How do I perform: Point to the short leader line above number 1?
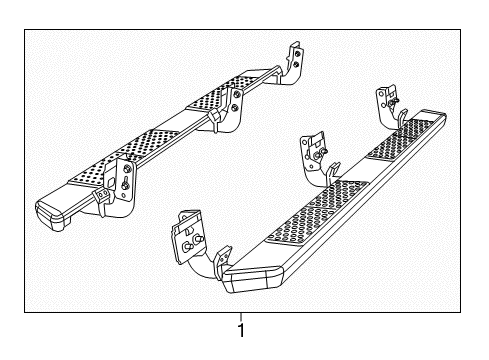click(240, 316)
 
